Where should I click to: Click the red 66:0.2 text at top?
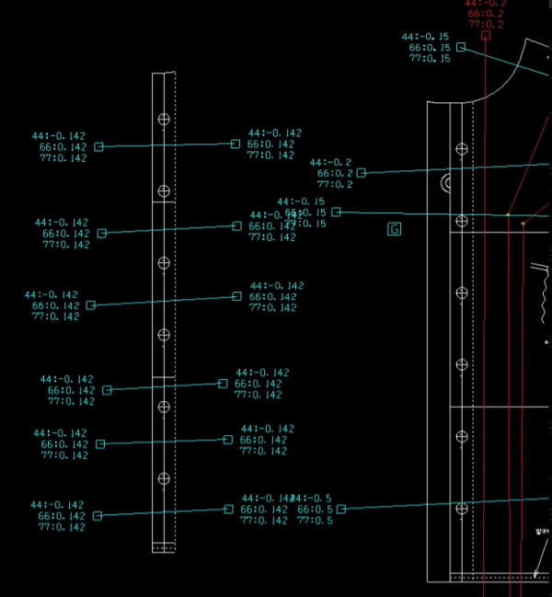pos(486,14)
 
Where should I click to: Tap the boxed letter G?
pos(395,229)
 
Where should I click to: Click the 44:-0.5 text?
pos(314,499)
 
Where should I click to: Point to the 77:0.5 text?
pos(315,521)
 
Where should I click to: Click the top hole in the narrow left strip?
pos(164,120)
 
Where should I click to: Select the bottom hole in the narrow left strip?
pos(164,478)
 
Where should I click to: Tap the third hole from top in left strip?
pos(164,263)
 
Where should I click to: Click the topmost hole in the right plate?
pos(462,148)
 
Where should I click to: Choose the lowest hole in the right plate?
pos(462,507)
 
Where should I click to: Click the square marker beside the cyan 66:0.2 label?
pos(361,173)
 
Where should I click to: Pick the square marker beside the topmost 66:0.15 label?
pos(461,47)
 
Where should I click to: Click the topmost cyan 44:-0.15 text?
pos(426,37)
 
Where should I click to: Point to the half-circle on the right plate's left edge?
pos(447,182)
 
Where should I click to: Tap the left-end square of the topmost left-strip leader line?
pos(99,147)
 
